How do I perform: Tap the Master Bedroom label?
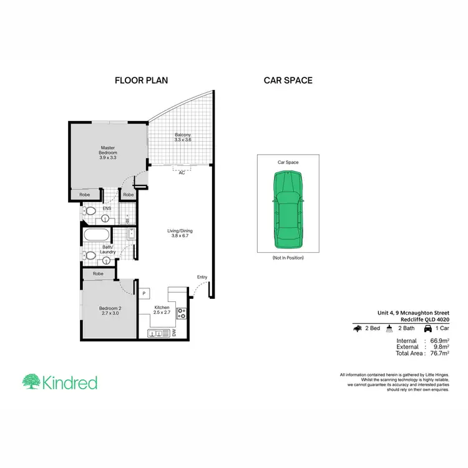click(x=108, y=153)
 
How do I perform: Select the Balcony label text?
click(x=182, y=137)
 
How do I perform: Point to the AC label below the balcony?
click(x=182, y=173)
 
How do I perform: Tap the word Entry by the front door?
click(x=202, y=277)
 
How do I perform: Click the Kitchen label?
click(x=162, y=310)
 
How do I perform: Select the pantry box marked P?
click(x=144, y=293)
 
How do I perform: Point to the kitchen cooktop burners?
click(x=182, y=313)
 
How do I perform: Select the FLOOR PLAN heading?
click(x=141, y=80)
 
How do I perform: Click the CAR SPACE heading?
click(x=288, y=80)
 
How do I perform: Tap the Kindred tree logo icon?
click(x=32, y=381)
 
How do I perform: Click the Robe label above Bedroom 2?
click(x=98, y=273)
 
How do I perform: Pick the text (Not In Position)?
click(x=288, y=258)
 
